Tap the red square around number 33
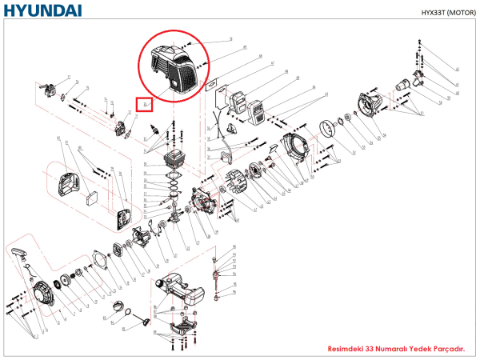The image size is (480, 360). (145, 104)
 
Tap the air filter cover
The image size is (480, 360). (67, 183)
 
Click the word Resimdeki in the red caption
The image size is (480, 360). (346, 350)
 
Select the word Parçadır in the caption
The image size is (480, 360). (450, 350)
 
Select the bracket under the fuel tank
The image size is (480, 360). (184, 325)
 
